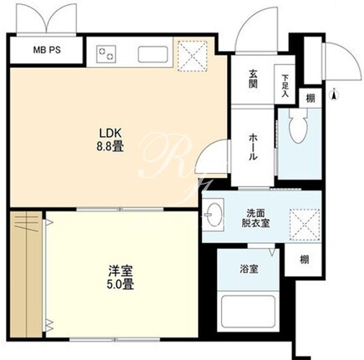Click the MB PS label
click(47, 50)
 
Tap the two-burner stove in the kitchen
click(106, 53)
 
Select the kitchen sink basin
click(153, 54)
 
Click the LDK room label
click(110, 133)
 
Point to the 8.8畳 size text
click(110, 146)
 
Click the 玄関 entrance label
click(253, 79)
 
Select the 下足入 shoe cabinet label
click(285, 86)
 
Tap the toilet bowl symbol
click(299, 125)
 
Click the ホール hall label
click(253, 147)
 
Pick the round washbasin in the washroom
click(214, 215)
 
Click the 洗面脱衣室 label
click(255, 218)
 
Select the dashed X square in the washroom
click(305, 225)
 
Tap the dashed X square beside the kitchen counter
click(193, 56)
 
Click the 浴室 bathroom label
click(249, 269)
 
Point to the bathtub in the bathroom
click(248, 312)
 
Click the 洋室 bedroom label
click(120, 271)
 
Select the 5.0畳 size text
click(120, 284)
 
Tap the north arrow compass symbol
click(334, 95)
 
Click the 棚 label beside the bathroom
click(304, 260)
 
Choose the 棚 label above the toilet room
click(311, 98)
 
